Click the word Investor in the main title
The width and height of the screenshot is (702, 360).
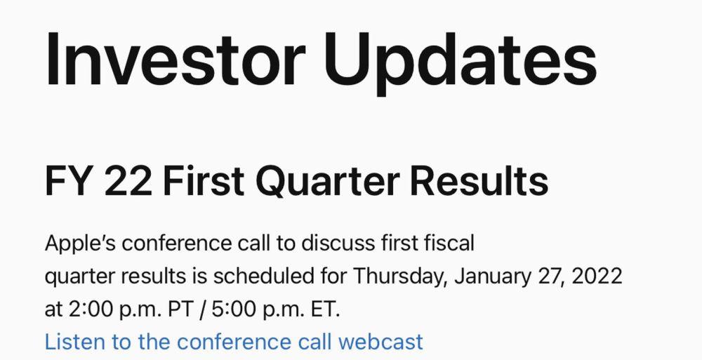point(175,59)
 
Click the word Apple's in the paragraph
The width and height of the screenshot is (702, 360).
point(81,244)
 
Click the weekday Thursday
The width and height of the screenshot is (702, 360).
point(400,277)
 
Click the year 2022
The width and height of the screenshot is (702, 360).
point(597,276)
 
